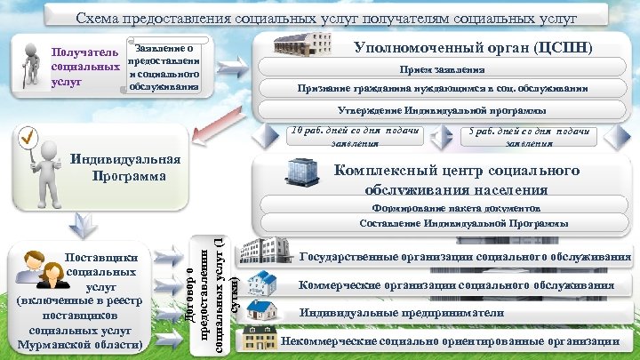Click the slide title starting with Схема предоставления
(x=326, y=18)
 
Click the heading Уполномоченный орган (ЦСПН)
(x=472, y=46)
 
